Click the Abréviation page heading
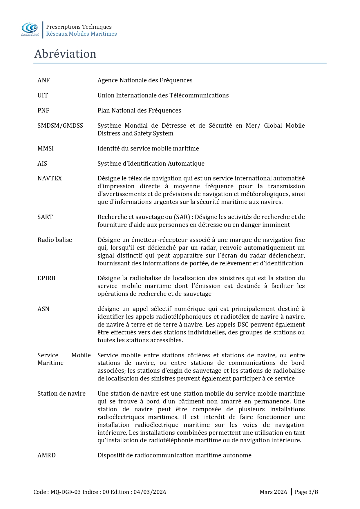pyautogui.click(x=65, y=54)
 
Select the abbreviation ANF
pyautogui.click(x=44, y=80)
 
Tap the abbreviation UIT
pyautogui.click(x=43, y=95)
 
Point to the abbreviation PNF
pyautogui.click(x=44, y=111)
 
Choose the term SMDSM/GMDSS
pyautogui.click(x=60, y=126)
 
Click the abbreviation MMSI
pyautogui.click(x=46, y=148)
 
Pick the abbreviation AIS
pyautogui.click(x=42, y=164)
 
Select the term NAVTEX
pyautogui.click(x=50, y=178)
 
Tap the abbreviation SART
pyautogui.click(x=45, y=217)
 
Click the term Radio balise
pyautogui.click(x=55, y=240)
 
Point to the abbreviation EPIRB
pyautogui.click(x=46, y=278)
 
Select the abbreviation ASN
pyautogui.click(x=43, y=309)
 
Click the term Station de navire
pyautogui.click(x=61, y=394)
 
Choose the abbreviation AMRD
pyautogui.click(x=46, y=455)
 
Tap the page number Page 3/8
pyautogui.click(x=306, y=492)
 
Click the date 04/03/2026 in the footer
pyautogui.click(x=150, y=492)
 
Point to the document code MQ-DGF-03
pyautogui.click(x=66, y=492)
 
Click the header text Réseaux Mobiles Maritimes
pyautogui.click(x=82, y=34)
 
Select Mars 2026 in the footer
pyautogui.click(x=273, y=492)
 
